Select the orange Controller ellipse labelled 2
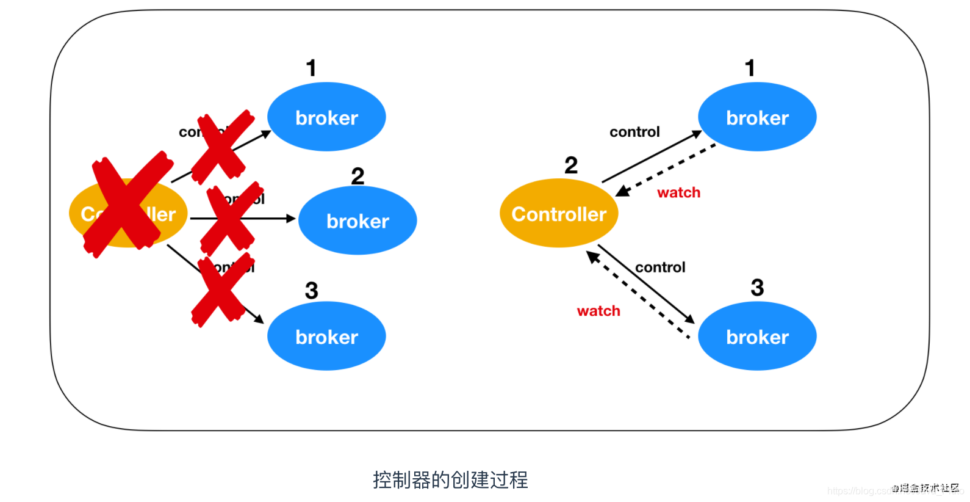pos(558,213)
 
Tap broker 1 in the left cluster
pos(326,117)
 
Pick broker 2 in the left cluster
pos(357,220)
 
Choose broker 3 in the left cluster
pos(326,336)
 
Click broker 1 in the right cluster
pos(757,117)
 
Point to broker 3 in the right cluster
pos(757,336)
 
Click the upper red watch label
pos(678,193)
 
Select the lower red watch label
pos(598,311)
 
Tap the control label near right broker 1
pos(634,132)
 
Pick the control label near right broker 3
pos(660,267)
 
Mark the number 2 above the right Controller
pos(571,166)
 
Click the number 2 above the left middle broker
pos(357,176)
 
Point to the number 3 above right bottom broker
pos(757,288)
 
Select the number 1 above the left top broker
pos(311,68)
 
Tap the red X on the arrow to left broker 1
pos(221,147)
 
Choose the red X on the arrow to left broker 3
pos(221,289)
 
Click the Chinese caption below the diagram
pos(450,480)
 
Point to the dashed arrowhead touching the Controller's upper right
pos(622,191)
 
